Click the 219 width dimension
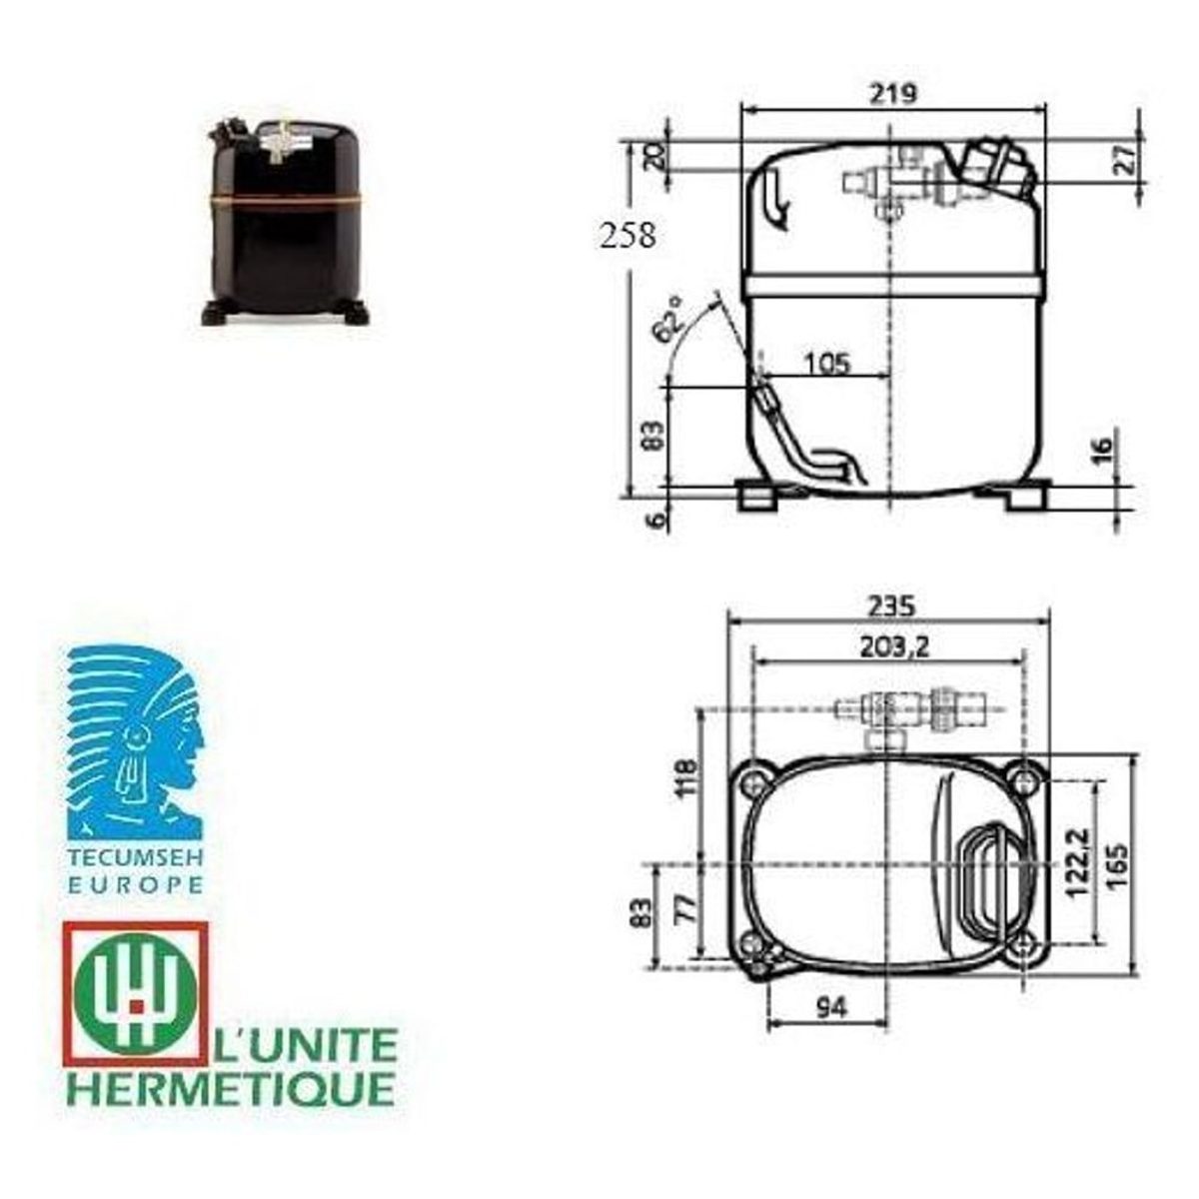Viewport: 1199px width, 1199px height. click(x=893, y=94)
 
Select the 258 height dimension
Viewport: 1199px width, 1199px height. click(x=627, y=237)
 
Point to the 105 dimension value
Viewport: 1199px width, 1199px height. click(x=827, y=363)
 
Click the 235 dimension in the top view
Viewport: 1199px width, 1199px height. click(x=893, y=606)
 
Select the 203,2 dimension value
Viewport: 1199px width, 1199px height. click(x=894, y=647)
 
